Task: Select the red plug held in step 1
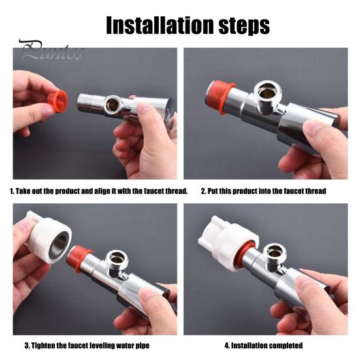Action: coord(58,101)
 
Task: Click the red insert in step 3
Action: coord(80,257)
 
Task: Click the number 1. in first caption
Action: coord(11,191)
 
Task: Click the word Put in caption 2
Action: coord(214,191)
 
